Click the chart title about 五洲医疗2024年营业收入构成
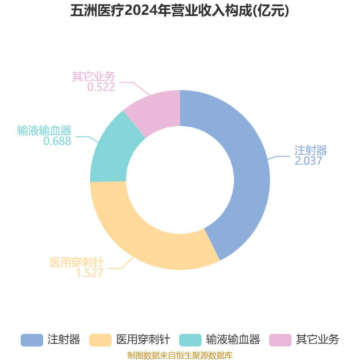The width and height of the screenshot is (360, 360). click(180, 11)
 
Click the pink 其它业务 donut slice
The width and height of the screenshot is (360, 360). click(156, 110)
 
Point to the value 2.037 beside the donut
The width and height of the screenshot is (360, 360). click(308, 161)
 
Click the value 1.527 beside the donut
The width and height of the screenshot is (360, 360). click(90, 273)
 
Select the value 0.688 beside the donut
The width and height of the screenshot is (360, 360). click(57, 141)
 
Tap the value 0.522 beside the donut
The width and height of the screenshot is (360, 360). click(101, 87)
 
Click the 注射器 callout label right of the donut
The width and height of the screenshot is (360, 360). click(310, 150)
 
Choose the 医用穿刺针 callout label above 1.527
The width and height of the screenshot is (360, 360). click(76, 262)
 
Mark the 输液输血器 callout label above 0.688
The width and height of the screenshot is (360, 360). click(44, 130)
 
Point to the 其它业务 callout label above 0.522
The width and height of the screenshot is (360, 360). click(94, 76)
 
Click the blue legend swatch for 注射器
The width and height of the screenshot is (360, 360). click(32, 340)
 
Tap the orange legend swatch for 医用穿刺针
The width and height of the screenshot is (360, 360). click(100, 340)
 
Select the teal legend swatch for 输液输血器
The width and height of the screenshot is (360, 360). click(190, 340)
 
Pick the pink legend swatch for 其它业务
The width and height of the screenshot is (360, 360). click(280, 340)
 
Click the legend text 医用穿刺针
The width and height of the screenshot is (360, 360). click(143, 340)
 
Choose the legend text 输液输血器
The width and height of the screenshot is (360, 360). click(233, 340)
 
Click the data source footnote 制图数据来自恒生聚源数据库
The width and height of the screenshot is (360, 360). click(180, 355)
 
